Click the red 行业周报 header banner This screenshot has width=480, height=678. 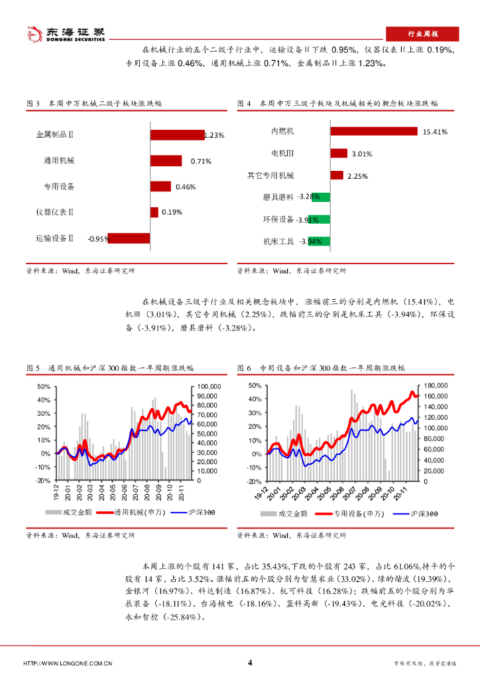422,34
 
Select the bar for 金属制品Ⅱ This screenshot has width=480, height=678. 176,135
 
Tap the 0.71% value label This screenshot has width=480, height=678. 201,161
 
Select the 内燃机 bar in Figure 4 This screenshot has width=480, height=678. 374,131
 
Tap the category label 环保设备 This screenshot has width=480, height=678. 278,219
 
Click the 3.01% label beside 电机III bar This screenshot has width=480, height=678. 361,154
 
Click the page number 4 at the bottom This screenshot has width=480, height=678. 249,663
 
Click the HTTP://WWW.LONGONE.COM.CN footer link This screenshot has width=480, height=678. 68,663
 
